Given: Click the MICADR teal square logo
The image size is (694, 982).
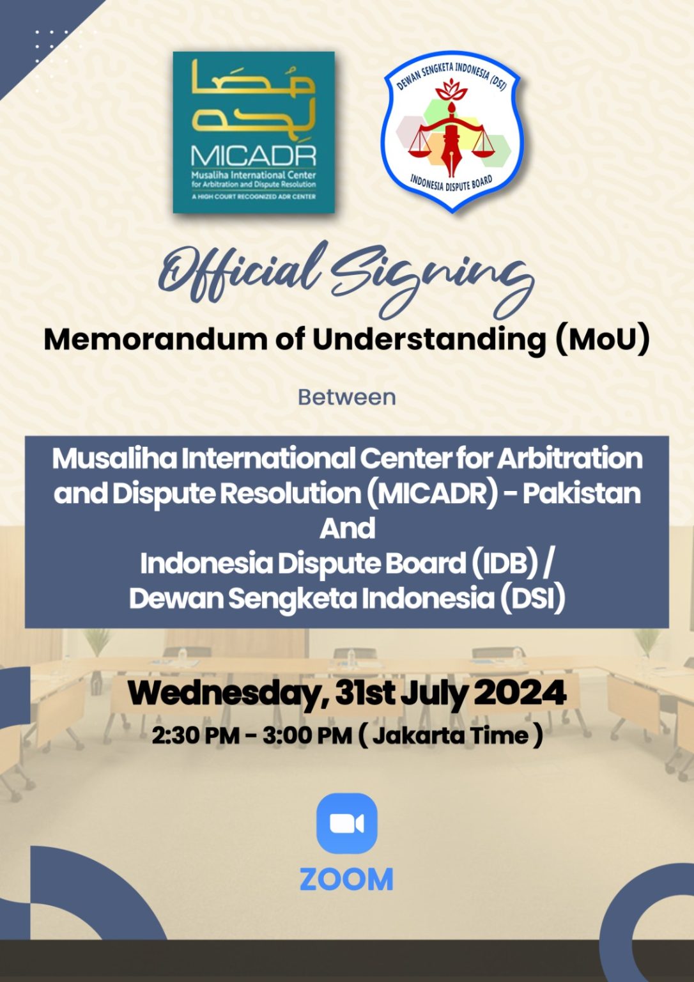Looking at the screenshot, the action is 254,132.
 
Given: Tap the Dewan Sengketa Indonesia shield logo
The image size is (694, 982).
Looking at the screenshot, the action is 451,132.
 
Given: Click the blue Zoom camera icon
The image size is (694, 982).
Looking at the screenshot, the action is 346,823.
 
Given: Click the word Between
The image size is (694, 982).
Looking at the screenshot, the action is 346,397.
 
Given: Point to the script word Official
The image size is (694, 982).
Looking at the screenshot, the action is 243,272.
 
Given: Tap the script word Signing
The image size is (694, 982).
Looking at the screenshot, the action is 434,281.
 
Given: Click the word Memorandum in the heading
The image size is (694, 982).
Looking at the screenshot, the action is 155,339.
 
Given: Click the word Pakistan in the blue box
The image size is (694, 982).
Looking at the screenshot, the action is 582,493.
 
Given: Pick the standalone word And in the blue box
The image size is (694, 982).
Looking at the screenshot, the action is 347,528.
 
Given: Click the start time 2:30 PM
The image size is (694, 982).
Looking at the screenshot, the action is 196,736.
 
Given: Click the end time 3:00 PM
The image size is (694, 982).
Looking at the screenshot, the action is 307,736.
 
